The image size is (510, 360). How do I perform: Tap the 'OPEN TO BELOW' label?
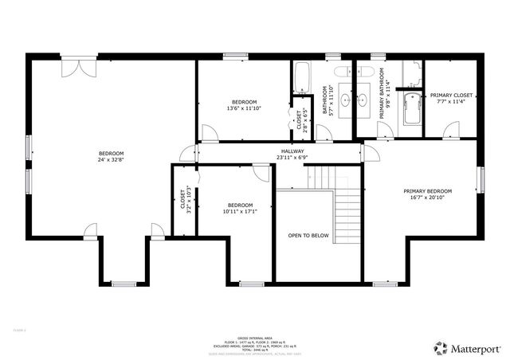[308, 236]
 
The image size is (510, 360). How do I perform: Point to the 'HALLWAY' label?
[292, 151]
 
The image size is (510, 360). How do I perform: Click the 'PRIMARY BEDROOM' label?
[427, 191]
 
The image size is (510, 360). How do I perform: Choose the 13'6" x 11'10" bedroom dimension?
[244, 108]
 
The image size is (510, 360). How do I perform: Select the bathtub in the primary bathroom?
[412, 110]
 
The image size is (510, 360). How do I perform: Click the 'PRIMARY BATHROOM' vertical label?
[382, 102]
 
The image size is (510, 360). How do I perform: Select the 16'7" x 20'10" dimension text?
[427, 198]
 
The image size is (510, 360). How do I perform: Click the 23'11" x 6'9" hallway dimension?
[292, 158]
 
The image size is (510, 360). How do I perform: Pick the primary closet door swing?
[451, 127]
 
